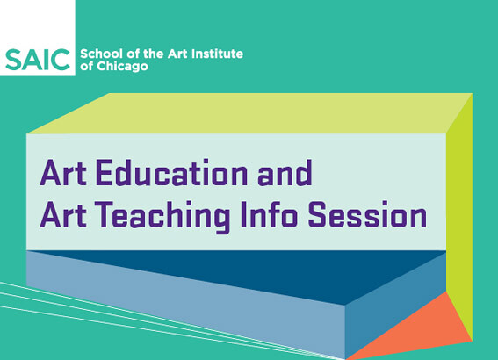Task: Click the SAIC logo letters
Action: pyautogui.click(x=38, y=60)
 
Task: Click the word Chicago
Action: pyautogui.click(x=122, y=67)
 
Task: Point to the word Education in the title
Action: pyautogui.click(x=172, y=173)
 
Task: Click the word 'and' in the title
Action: pyautogui.click(x=285, y=173)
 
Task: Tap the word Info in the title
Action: pyautogui.click(x=269, y=214)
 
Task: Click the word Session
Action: pyautogui.click(x=367, y=214)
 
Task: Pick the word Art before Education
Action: pyautogui.click(x=63, y=173)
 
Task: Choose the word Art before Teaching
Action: pyautogui.click(x=63, y=214)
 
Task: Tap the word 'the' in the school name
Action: pyautogui.click(x=154, y=54)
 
